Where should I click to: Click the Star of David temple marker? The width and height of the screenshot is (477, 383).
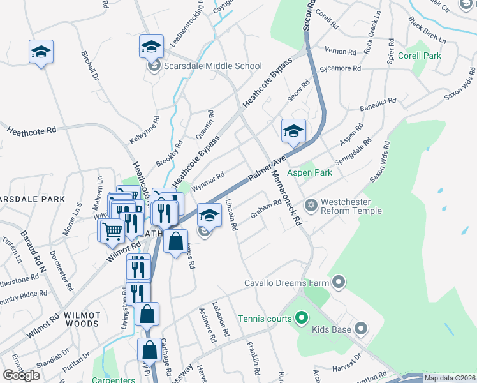311,205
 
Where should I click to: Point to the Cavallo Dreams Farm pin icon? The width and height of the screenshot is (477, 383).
338,282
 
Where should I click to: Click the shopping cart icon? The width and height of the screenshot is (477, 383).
113,230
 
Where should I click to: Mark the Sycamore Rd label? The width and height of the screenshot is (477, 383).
341,68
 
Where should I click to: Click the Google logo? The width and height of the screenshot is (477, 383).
21,375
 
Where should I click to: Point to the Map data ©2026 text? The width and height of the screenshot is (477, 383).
450,378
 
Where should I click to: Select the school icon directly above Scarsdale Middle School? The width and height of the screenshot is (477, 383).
152,47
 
